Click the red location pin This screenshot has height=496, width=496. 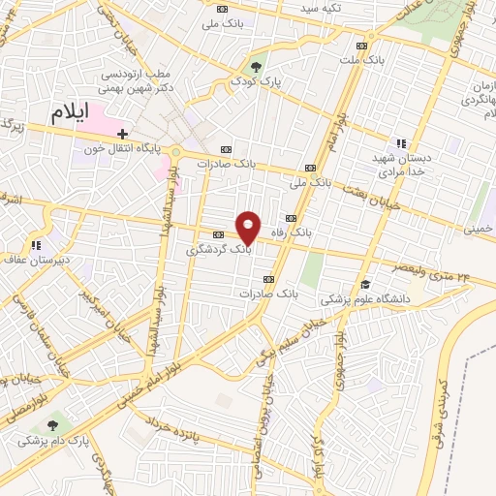(x=249, y=228)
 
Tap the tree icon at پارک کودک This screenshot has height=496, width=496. (x=256, y=67)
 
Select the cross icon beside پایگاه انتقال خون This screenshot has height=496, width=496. (x=122, y=134)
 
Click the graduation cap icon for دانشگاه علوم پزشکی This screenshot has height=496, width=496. (x=365, y=284)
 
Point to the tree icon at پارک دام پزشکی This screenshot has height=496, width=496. (x=50, y=423)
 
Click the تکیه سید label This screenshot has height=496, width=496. (x=321, y=8)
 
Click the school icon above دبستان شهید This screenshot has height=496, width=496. (x=401, y=143)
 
